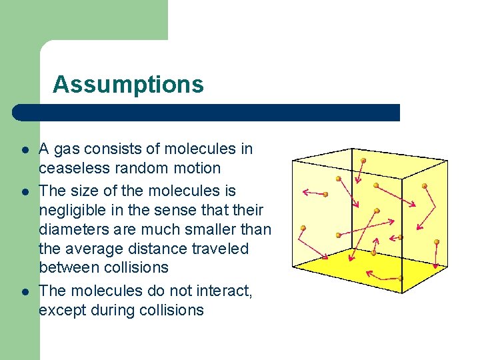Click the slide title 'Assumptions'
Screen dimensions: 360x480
[128, 85]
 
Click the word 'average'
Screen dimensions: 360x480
[93, 249]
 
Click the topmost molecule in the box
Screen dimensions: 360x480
[363, 161]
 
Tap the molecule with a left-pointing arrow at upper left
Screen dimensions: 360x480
[326, 194]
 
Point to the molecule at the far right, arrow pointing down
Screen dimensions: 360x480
[437, 241]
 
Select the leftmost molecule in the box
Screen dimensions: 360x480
[303, 228]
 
